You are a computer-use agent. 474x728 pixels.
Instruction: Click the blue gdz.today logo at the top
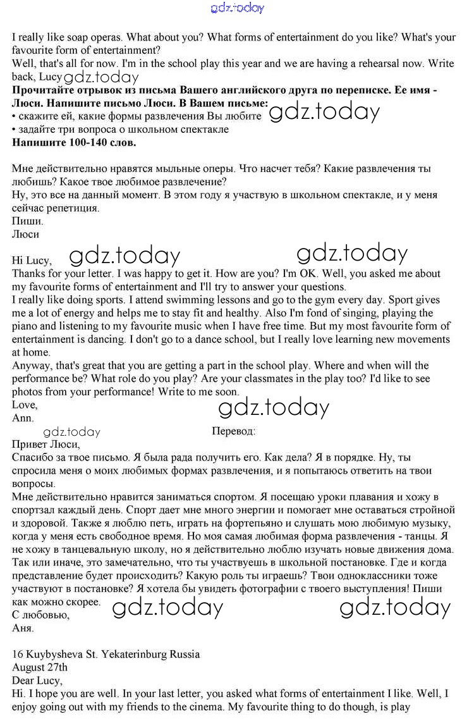[x=237, y=8]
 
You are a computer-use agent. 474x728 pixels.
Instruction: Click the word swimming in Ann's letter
[x=164, y=299]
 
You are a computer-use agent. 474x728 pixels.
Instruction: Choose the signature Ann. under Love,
[x=23, y=418]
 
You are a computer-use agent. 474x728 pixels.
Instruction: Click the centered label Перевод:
[x=234, y=431]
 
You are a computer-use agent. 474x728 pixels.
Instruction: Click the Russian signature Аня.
[x=23, y=628]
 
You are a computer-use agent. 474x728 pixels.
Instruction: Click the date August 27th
[x=40, y=667]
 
